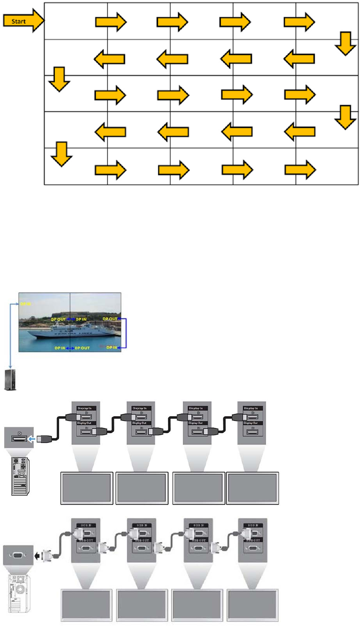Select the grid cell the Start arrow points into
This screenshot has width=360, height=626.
(x=75, y=21)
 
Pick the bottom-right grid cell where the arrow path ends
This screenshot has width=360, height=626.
(x=327, y=166)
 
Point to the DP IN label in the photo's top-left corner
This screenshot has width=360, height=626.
(x=25, y=304)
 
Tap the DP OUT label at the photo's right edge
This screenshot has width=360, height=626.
(x=109, y=319)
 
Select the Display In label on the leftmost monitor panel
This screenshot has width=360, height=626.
(x=86, y=408)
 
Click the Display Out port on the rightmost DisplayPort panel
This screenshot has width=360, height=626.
(x=252, y=431)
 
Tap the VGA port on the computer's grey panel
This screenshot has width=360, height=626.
(x=18, y=554)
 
